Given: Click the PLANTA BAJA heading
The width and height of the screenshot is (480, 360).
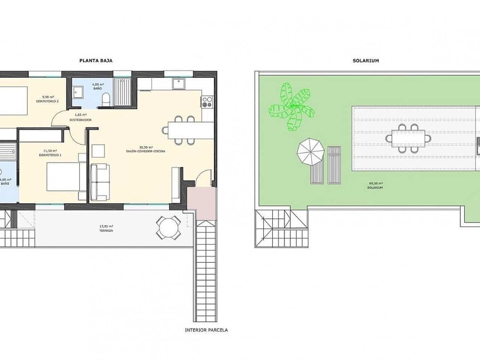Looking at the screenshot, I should point(96,60).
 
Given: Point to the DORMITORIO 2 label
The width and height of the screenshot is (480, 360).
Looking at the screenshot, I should point(47,101).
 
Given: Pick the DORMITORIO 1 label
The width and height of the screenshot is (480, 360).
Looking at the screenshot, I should point(50,155).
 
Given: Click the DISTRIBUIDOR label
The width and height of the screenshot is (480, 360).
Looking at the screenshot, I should point(81,120).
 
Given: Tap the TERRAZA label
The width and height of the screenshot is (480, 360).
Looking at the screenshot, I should point(107,231).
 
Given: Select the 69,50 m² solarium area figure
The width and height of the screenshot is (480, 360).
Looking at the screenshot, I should point(375,183).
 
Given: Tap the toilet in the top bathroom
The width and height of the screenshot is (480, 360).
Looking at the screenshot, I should point(106,99).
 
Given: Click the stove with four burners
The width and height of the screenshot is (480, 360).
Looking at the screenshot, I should point(207,102).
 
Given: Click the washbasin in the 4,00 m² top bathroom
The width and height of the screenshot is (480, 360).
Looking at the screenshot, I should point(79,91).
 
